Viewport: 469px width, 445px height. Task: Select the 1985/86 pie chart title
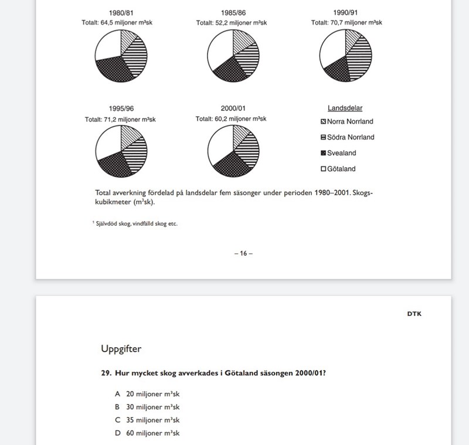click(x=233, y=12)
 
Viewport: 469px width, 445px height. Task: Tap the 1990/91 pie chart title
click(x=346, y=12)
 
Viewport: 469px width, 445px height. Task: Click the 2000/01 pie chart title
click(x=233, y=108)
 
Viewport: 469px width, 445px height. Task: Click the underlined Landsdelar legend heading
click(x=345, y=108)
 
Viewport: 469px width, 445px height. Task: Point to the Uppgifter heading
click(x=121, y=349)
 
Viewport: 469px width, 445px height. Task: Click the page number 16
click(x=243, y=253)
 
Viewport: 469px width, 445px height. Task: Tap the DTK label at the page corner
click(x=414, y=314)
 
